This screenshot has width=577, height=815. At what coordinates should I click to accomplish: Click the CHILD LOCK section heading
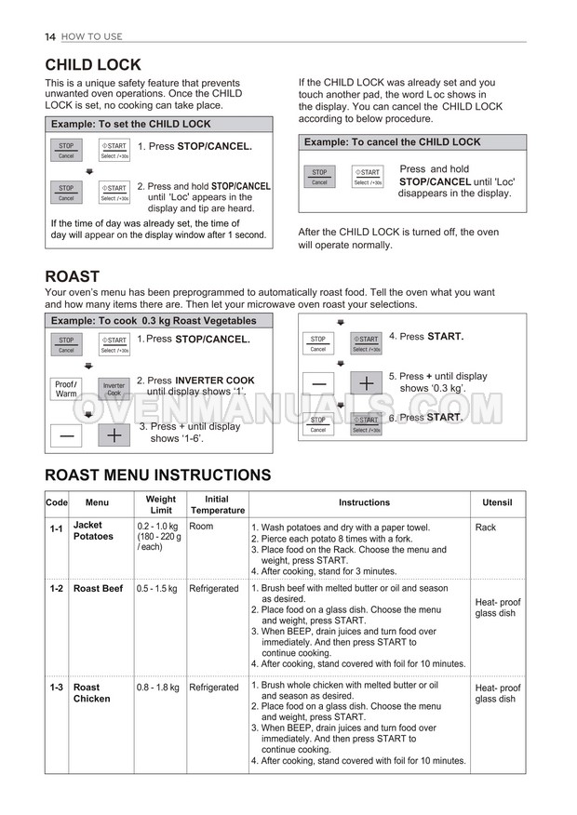click(93, 65)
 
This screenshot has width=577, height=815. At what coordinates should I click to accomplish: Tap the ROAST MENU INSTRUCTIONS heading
click(158, 475)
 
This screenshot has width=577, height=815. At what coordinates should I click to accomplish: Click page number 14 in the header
click(50, 36)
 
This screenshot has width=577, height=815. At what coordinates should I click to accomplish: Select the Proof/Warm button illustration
click(65, 389)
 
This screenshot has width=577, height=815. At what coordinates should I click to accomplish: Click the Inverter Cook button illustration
click(114, 389)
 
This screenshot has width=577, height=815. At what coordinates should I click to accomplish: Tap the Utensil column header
click(497, 502)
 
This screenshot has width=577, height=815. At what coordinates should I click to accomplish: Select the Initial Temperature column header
click(217, 504)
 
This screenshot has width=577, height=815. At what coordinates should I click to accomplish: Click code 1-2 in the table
click(57, 589)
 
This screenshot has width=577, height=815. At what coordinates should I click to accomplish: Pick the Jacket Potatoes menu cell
click(93, 530)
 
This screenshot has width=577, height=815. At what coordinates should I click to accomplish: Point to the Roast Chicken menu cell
click(91, 692)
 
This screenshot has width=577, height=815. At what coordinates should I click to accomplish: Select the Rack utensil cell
click(485, 528)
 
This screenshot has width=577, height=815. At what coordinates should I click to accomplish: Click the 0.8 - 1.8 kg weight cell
click(157, 688)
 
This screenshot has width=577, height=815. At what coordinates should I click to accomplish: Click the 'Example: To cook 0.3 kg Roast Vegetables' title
click(154, 321)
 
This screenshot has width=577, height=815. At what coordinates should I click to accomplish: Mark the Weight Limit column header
click(160, 504)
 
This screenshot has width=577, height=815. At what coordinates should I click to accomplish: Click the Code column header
click(57, 502)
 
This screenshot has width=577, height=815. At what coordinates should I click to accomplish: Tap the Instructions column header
click(364, 502)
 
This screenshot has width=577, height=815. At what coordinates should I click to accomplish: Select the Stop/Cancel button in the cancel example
click(319, 177)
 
